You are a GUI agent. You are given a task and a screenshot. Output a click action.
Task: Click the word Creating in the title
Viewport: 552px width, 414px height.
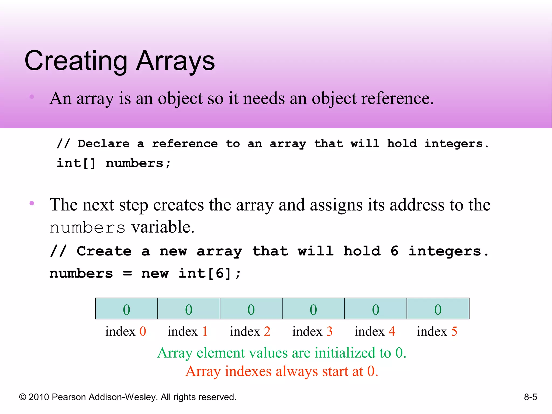[76, 61]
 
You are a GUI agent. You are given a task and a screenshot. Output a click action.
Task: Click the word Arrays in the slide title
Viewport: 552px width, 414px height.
[175, 61]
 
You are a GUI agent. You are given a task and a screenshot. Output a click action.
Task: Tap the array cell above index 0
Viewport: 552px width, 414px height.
[126, 309]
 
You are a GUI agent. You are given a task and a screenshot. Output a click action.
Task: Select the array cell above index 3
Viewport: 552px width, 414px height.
[313, 309]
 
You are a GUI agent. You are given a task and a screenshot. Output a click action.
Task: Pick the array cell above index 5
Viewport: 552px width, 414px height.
[438, 309]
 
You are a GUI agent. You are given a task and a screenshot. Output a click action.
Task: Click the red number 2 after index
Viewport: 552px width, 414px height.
[267, 331]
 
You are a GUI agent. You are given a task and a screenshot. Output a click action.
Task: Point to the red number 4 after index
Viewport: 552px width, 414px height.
[392, 331]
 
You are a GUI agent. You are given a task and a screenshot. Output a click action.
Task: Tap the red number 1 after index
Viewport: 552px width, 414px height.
[205, 331]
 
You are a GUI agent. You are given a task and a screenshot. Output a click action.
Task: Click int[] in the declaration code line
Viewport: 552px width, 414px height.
[76, 163]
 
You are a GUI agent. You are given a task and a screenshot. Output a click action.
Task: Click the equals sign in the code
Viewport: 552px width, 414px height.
[127, 274]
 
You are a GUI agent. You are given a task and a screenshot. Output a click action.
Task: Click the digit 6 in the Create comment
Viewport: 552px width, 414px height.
[394, 251]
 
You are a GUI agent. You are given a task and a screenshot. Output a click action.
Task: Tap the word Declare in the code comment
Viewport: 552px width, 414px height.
[104, 144]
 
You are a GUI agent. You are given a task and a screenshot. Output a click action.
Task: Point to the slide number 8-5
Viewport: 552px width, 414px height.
[530, 397]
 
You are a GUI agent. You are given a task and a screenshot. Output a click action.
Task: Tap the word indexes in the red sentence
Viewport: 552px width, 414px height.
[248, 371]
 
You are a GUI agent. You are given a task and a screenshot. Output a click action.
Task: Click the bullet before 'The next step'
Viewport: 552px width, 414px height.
[32, 203]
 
